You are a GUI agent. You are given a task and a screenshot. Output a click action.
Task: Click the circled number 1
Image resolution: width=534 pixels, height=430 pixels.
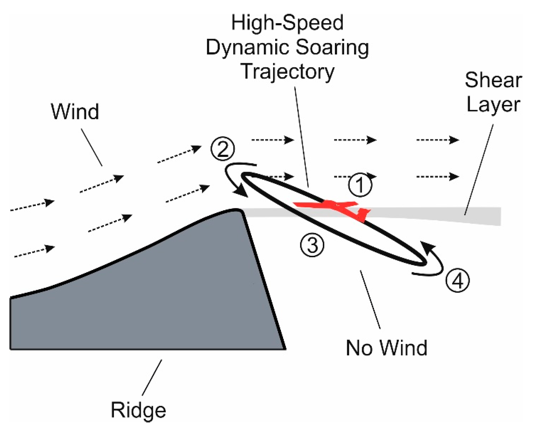[x=360, y=185]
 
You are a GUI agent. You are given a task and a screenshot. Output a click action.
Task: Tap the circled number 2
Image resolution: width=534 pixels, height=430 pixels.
[x=223, y=149]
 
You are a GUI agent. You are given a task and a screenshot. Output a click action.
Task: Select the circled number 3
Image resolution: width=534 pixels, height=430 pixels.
[x=312, y=245]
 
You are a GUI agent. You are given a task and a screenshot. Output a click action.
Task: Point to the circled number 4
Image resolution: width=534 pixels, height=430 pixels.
[x=458, y=281]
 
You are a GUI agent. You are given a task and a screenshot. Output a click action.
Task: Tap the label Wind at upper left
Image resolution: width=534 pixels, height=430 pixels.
[x=75, y=112]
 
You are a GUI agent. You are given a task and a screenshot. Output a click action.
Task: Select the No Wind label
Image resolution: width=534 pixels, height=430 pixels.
[x=386, y=348]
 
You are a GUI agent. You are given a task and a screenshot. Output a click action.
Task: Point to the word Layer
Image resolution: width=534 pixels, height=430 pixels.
[x=493, y=105]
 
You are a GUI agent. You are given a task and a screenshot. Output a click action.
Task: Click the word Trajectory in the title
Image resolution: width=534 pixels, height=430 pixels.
[x=288, y=71]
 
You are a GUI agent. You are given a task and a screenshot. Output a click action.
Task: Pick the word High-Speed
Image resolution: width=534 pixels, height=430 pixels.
[x=287, y=23]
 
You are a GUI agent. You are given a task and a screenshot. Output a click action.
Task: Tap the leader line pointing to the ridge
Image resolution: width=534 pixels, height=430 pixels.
[x=152, y=378]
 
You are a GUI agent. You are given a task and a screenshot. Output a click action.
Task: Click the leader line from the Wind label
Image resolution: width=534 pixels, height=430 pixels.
[x=91, y=147]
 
